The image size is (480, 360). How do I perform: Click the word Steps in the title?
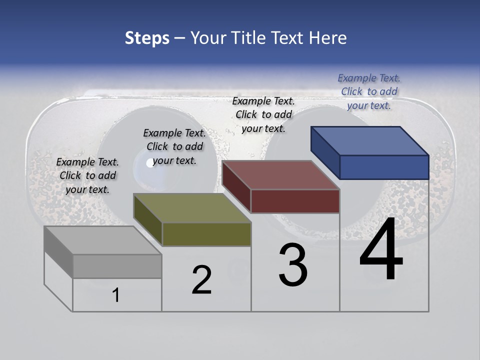[x=147, y=38]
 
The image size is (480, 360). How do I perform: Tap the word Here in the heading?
[x=328, y=38]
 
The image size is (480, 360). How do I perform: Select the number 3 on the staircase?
[x=293, y=265]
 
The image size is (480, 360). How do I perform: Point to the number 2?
[x=201, y=280]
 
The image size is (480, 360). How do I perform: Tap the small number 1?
[x=116, y=295]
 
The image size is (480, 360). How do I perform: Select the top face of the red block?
[x=281, y=175]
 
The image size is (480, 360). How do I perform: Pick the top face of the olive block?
[x=192, y=208]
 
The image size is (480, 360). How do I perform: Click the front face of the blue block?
[x=384, y=167]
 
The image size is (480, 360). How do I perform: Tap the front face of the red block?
[x=295, y=201]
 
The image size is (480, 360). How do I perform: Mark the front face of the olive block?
[x=206, y=234]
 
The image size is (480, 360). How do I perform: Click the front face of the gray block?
[x=117, y=266]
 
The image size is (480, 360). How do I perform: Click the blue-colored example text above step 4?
[x=369, y=91]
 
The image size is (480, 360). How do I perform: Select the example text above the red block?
[x=263, y=114]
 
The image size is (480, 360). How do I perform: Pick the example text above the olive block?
[x=174, y=146]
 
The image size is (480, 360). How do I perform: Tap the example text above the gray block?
[x=87, y=175]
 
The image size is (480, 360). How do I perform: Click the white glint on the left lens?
[x=149, y=162]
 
